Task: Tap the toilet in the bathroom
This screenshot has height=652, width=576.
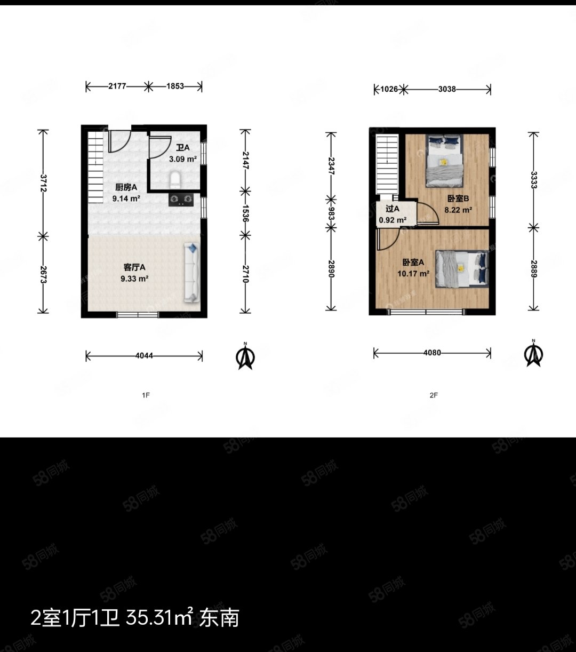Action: point(175,181)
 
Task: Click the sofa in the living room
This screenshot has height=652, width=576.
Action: point(191,273)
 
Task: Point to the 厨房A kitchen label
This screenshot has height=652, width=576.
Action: point(126,187)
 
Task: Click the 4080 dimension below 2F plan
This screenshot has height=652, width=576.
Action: point(432,353)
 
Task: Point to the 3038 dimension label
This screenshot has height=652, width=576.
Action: point(447,90)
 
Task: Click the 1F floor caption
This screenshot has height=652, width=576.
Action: point(145,395)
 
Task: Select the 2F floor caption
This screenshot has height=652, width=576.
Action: point(433,395)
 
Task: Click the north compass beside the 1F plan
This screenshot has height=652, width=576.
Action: point(245,356)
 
